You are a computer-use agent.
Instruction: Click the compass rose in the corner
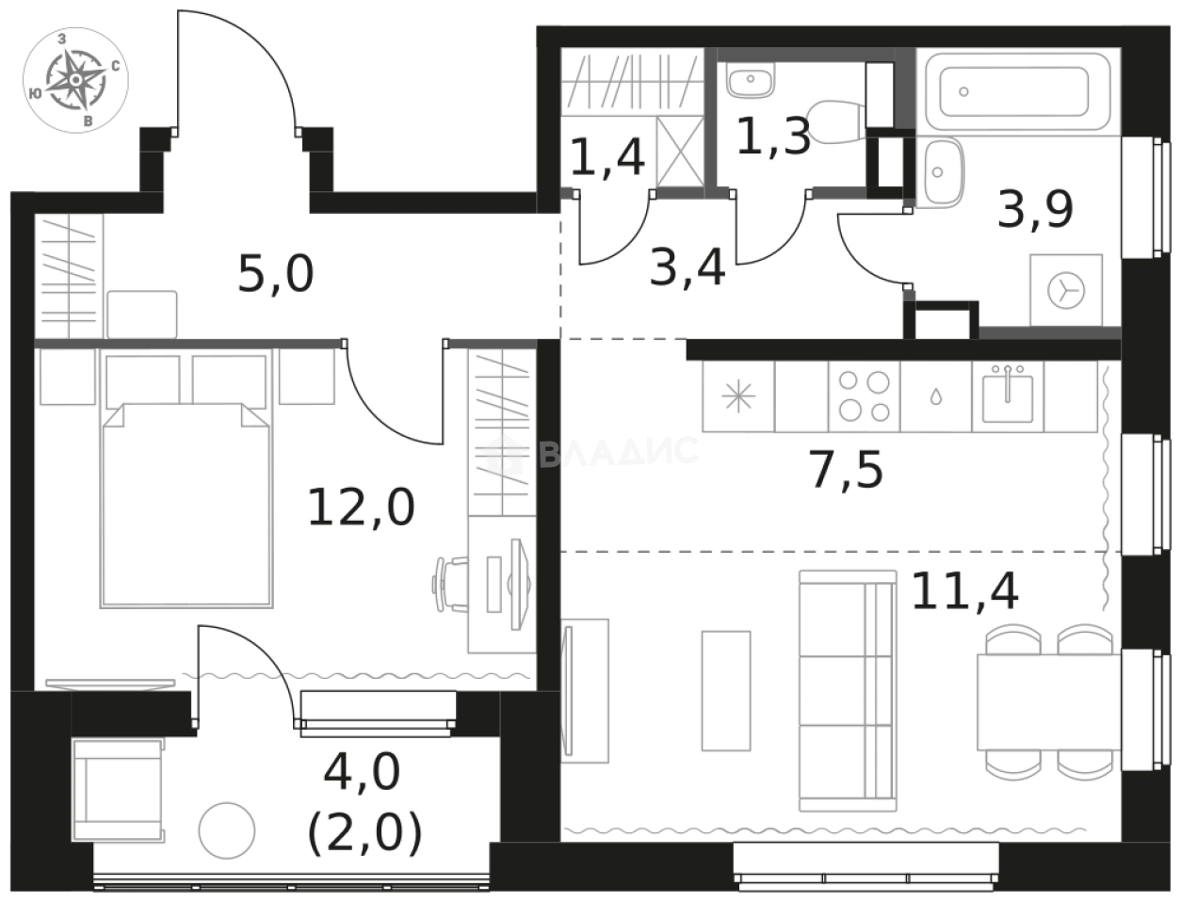point(76,80)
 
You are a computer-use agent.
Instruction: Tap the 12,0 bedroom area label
point(361,507)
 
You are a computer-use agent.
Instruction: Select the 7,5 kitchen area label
point(847,470)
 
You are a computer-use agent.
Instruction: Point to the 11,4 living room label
point(965,590)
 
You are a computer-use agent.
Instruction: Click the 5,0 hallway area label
point(276,274)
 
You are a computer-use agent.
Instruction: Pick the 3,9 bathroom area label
point(1035,209)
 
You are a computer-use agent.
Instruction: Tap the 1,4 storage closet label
point(607,156)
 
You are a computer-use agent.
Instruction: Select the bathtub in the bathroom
point(1017,91)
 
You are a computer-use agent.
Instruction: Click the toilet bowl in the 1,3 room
point(836,121)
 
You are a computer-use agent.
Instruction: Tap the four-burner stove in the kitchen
point(865,396)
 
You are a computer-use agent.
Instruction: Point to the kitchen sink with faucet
point(1007,396)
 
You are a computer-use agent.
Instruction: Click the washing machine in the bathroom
point(1066,290)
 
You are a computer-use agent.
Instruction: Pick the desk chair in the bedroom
point(451,585)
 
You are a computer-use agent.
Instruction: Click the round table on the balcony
point(227,831)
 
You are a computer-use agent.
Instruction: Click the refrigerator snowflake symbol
point(738,396)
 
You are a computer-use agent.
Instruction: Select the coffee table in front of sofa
point(726,691)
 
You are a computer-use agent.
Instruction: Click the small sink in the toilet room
point(751,81)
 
